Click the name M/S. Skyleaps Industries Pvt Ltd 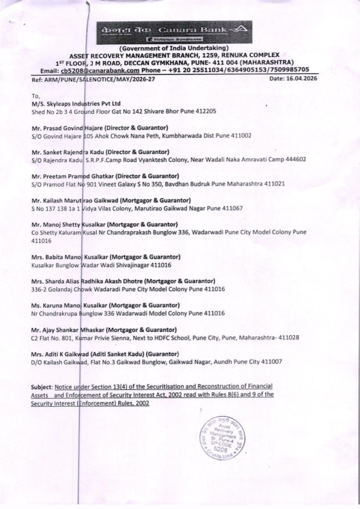(76, 103)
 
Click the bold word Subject (42, 387)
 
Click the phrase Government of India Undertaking (174, 48)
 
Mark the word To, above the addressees (35, 96)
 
